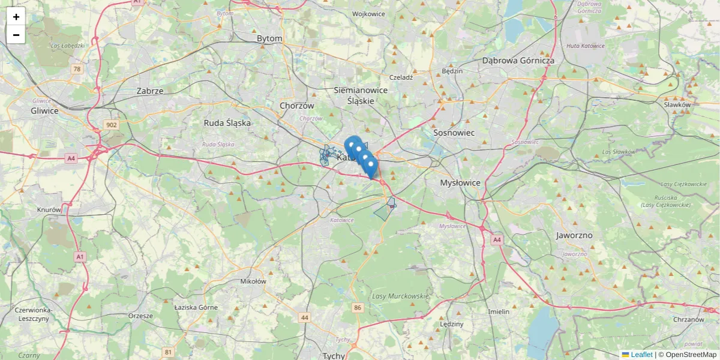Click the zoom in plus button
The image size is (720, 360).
click(x=16, y=17)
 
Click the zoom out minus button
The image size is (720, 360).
click(x=16, y=35)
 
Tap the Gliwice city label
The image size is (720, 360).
click(x=45, y=111)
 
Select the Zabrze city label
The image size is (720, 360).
click(x=150, y=91)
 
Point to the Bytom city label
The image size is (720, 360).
click(x=269, y=38)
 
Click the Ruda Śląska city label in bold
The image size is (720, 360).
click(x=227, y=123)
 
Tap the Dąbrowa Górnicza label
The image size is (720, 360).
click(x=518, y=61)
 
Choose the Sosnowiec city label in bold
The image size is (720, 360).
click(x=454, y=133)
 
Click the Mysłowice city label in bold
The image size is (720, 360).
click(x=460, y=182)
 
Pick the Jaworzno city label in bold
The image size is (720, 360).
click(x=574, y=235)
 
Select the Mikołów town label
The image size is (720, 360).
click(x=253, y=281)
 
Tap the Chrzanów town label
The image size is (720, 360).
click(x=688, y=320)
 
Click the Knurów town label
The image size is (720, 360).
click(x=49, y=210)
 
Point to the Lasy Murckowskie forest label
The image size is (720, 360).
click(x=401, y=296)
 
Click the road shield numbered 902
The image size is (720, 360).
click(x=110, y=125)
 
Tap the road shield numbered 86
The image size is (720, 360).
click(x=358, y=308)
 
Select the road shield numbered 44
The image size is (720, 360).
click(x=305, y=317)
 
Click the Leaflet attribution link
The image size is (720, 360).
click(x=641, y=355)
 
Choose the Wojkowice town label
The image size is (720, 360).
click(x=368, y=14)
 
